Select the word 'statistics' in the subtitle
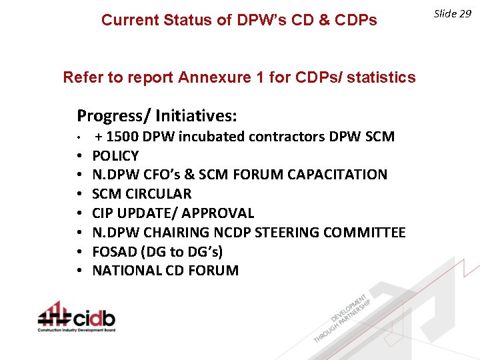380,78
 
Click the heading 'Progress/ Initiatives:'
157,116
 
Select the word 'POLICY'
115,156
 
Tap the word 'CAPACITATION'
337,175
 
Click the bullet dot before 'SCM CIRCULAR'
79,194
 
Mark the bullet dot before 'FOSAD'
79,252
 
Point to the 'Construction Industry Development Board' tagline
77,330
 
